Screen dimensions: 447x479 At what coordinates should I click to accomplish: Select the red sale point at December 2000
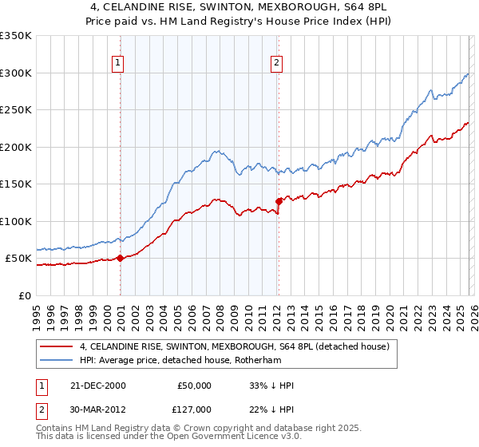point(121,258)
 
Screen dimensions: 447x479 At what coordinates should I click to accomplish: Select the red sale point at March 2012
point(279,201)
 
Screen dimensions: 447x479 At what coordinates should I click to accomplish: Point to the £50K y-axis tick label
point(18,259)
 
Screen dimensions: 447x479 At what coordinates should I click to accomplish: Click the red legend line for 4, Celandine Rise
point(57,346)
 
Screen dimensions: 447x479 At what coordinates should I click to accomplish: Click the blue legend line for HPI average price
point(57,361)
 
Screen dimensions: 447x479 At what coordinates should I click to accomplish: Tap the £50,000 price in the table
point(194,386)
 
